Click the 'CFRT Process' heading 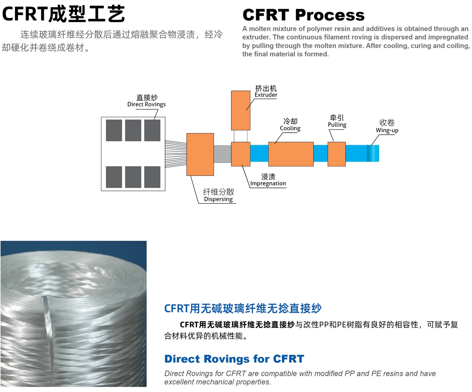(x=303, y=15)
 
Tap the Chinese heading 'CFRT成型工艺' (x=64, y=14)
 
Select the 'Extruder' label (x=266, y=95)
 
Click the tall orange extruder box (x=241, y=110)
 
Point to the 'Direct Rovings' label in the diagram (x=146, y=104)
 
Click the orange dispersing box (x=200, y=154)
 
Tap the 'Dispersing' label (x=218, y=199)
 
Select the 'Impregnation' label (x=268, y=183)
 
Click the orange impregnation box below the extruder (x=241, y=154)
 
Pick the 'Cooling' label (x=290, y=128)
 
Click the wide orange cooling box (x=291, y=154)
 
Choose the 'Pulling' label (x=337, y=125)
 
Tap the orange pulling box (x=337, y=154)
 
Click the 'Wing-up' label (x=387, y=130)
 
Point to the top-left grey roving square (x=114, y=130)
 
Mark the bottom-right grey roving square (x=152, y=177)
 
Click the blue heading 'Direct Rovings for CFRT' (x=234, y=359)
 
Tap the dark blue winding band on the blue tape (x=369, y=153)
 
